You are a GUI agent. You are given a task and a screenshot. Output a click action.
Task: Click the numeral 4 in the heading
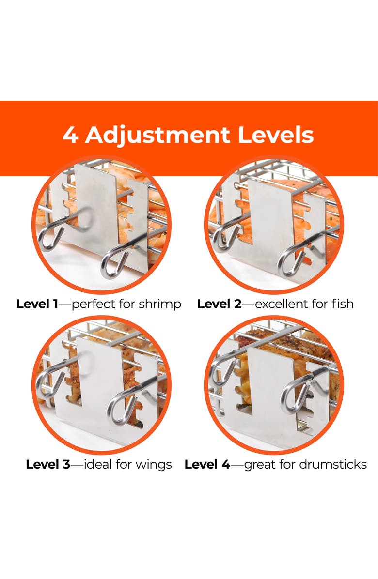pyautogui.click(x=70, y=135)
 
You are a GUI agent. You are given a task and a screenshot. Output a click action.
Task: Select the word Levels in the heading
pyautogui.click(x=276, y=135)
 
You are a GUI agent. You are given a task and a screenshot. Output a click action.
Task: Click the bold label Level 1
pyautogui.click(x=37, y=304)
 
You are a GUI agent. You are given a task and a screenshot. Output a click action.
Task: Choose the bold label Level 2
pyautogui.click(x=219, y=304)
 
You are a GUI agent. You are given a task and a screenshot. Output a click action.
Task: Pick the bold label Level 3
pyautogui.click(x=48, y=464)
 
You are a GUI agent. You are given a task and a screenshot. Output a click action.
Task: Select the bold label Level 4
pyautogui.click(x=207, y=464)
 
